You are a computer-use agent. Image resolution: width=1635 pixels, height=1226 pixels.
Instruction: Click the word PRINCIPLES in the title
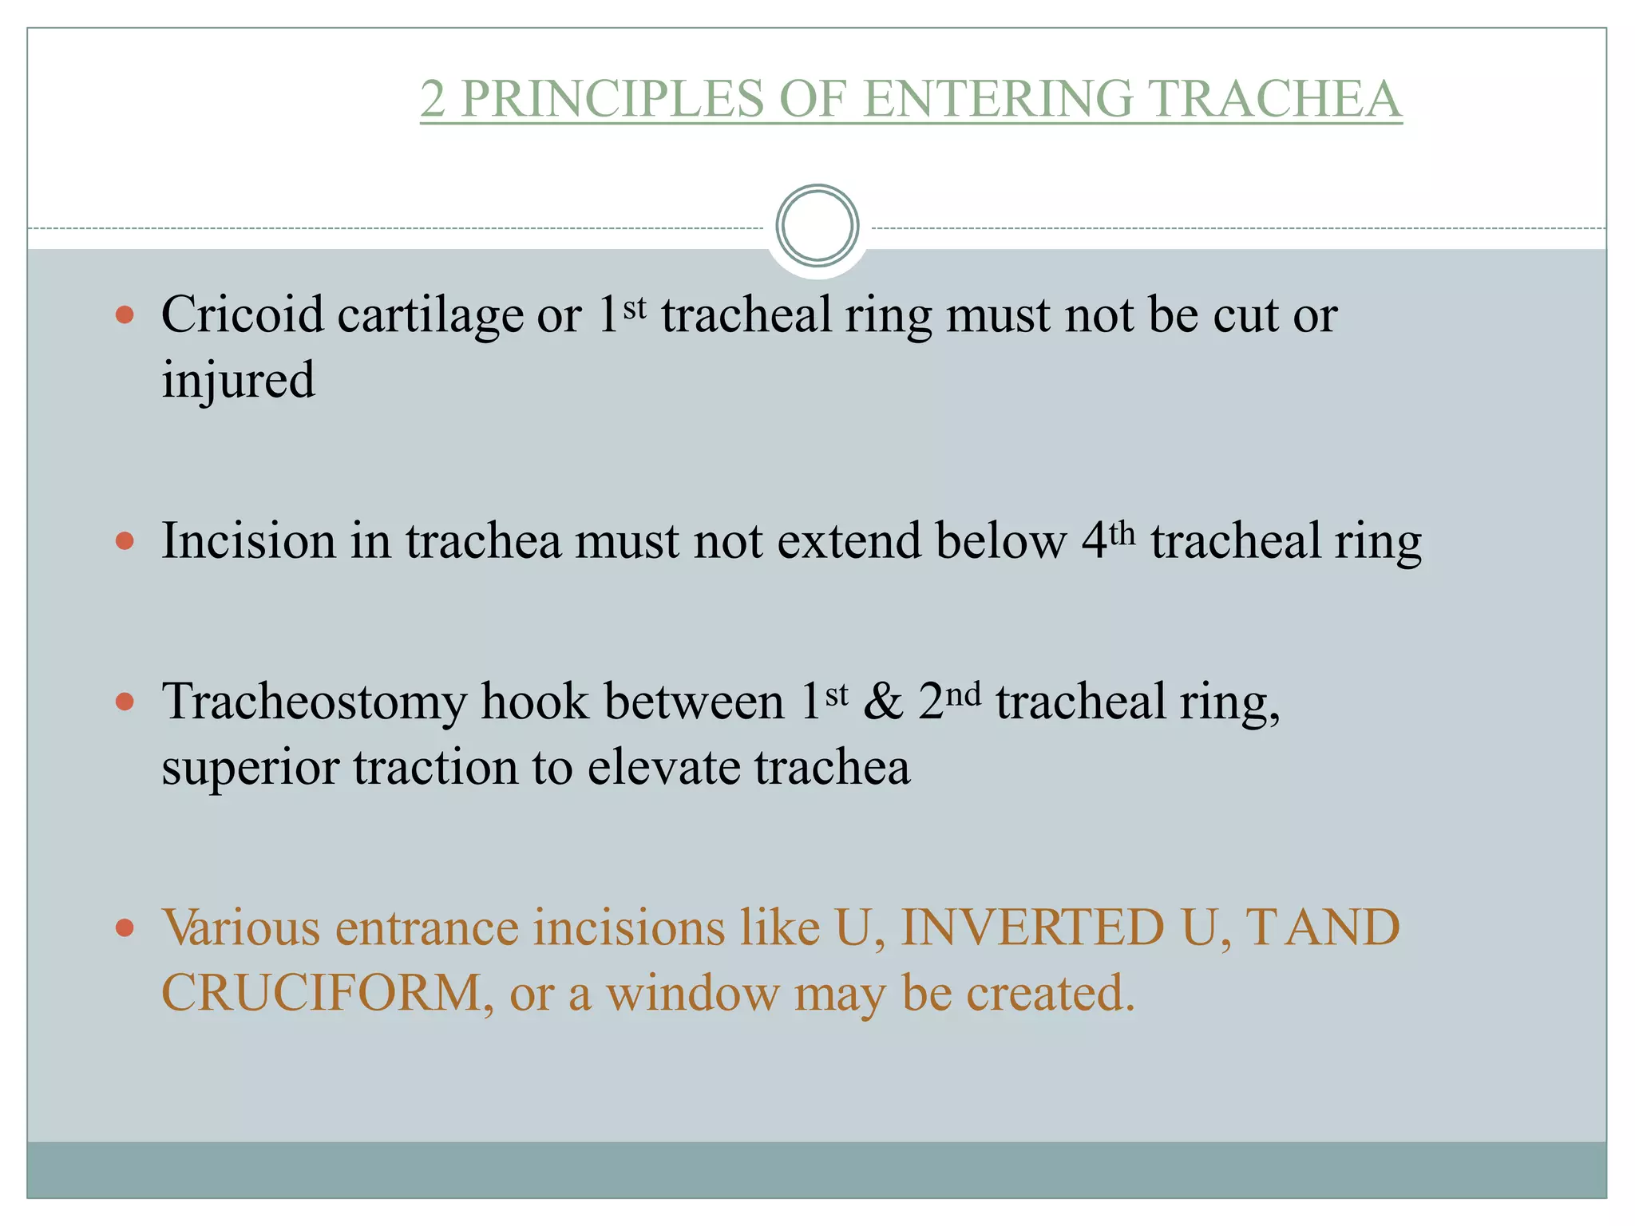(x=612, y=99)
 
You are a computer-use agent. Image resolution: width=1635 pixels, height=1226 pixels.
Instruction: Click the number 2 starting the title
(x=432, y=99)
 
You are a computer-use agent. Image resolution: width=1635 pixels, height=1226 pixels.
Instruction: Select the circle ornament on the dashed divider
(x=817, y=226)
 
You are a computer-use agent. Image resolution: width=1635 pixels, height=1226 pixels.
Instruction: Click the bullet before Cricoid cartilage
(x=125, y=314)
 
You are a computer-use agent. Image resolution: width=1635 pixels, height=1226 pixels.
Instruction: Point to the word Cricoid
(x=242, y=314)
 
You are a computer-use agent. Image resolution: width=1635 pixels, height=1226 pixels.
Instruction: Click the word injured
(x=238, y=380)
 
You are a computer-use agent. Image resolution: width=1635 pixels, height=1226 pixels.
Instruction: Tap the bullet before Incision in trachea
(x=125, y=542)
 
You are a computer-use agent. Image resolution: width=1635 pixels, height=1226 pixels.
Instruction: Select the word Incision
(x=248, y=542)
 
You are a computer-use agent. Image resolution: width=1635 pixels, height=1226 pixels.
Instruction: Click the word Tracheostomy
(x=314, y=703)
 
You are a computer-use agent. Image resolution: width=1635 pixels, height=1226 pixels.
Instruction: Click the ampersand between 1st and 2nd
(x=883, y=703)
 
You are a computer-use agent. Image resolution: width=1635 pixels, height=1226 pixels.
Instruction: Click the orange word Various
(x=241, y=928)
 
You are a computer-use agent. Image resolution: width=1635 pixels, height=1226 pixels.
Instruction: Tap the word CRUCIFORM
(x=321, y=994)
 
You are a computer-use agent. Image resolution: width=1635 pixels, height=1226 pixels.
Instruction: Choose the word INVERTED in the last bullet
(x=1032, y=928)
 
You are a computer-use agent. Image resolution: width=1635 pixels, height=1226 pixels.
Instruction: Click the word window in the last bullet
(x=692, y=994)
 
